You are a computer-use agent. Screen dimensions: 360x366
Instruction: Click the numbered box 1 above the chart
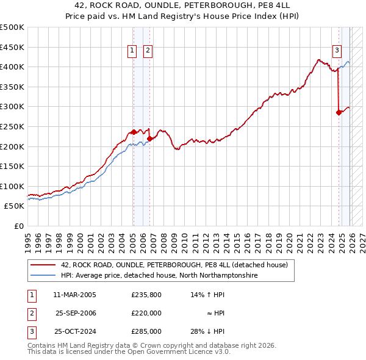(132, 51)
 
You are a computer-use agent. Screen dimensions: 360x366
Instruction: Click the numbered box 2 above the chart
(148, 51)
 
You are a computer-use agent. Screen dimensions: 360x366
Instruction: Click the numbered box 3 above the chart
(337, 51)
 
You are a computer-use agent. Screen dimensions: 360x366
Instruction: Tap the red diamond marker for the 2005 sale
(134, 132)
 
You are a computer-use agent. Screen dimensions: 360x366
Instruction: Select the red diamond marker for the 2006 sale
(149, 139)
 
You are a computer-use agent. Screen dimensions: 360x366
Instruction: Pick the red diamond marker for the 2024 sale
(339, 112)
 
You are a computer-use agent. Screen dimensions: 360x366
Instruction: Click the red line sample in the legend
(43, 265)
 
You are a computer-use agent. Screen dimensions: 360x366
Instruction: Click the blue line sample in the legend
(43, 276)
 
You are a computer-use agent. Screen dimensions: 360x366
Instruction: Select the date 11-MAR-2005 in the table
(74, 295)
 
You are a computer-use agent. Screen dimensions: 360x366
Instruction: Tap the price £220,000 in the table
(146, 313)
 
